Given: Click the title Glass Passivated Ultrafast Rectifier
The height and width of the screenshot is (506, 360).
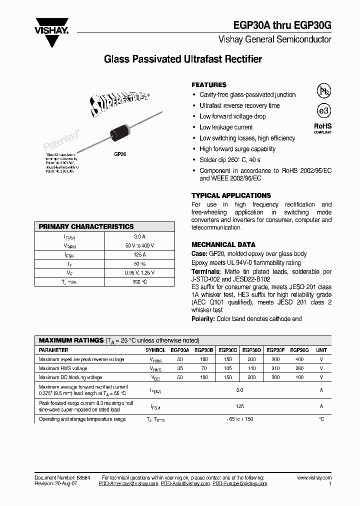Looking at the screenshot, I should coord(182,59).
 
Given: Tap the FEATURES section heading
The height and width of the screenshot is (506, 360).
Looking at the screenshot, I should coord(208,85).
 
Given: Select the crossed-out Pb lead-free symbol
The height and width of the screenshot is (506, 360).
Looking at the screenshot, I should coord(323,91).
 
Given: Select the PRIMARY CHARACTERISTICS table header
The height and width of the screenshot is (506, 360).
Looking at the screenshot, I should coord(86,226).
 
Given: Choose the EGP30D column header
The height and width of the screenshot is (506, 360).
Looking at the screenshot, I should coord(251,350).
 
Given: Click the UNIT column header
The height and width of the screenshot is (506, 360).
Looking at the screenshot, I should coord(321,350).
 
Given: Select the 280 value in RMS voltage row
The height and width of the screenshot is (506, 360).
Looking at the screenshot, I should coord(299,368).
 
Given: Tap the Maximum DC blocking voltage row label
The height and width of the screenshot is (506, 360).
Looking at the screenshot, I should coord(70,377).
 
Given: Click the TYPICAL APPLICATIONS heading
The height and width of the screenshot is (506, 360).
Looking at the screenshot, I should coord(231,195).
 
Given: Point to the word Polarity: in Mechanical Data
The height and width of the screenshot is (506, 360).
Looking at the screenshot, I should coord(203,318).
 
